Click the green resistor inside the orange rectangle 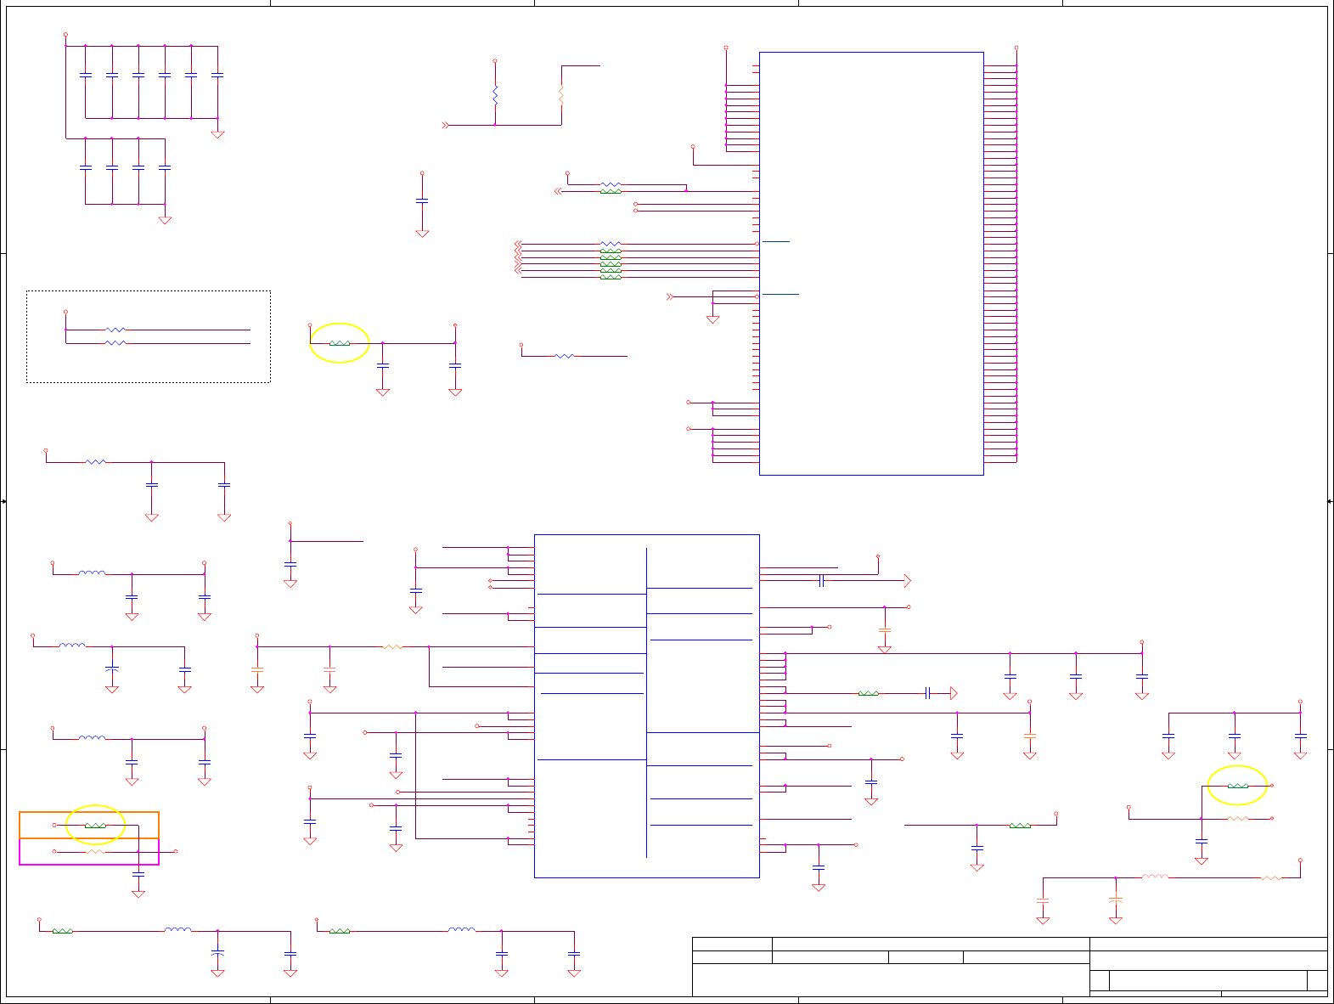[95, 826]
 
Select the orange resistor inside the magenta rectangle [95, 851]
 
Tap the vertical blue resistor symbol [495, 95]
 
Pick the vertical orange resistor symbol [561, 95]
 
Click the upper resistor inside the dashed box [115, 330]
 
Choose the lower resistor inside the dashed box [115, 343]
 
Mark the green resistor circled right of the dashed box [340, 343]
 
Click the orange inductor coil [1155, 877]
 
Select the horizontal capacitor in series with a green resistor [927, 694]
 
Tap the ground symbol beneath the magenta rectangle [138, 893]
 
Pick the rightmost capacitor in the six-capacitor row [217, 76]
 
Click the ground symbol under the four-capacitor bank [165, 220]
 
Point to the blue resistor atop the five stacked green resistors [611, 244]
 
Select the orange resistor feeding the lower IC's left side [392, 647]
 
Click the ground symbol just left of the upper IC [713, 319]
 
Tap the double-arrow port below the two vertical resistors [445, 126]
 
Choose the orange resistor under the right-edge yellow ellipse [1238, 819]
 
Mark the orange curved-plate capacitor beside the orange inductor [1116, 900]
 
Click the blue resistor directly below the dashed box [96, 462]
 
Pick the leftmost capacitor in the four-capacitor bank [85, 167]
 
